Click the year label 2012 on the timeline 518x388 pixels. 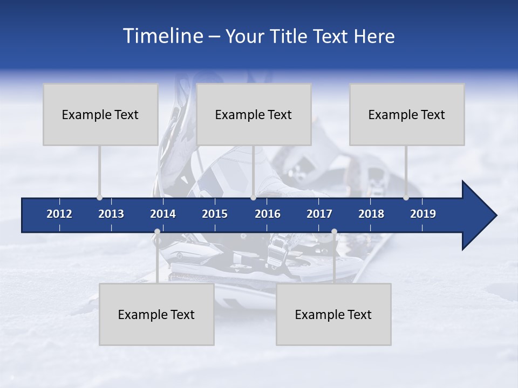(59, 214)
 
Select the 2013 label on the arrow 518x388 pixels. (111, 214)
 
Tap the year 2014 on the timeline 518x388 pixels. (163, 214)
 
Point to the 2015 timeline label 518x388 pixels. (215, 214)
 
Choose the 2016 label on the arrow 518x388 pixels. (268, 214)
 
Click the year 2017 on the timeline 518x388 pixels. (319, 214)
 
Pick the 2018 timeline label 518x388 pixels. (371, 214)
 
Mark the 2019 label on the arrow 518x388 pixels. (423, 214)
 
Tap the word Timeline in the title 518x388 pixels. (162, 36)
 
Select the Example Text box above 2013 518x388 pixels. (100, 114)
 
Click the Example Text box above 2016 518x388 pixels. (254, 114)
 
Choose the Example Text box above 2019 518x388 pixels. (407, 114)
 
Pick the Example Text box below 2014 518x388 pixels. (156, 314)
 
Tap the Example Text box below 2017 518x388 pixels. (333, 314)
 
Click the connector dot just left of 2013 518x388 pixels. (99, 197)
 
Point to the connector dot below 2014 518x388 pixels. (157, 232)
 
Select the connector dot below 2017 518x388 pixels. (334, 232)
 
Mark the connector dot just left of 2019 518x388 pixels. (406, 197)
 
